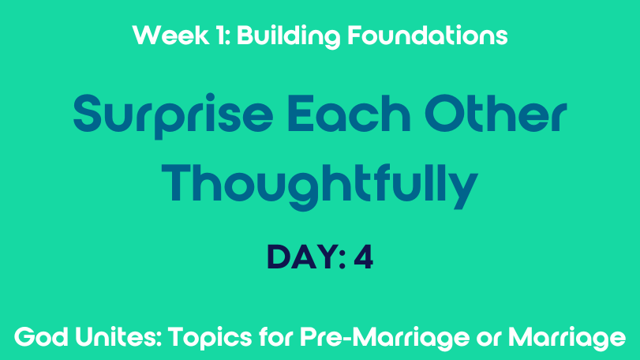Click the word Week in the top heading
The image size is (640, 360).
coord(170,35)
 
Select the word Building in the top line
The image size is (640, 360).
coord(288,37)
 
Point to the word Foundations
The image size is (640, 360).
coord(428,35)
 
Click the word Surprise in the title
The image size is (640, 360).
coord(173,116)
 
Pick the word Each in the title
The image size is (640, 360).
coord(349,113)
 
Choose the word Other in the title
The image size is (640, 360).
coord(496,113)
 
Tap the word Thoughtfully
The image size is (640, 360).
coord(320,186)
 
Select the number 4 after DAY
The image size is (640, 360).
coord(364,257)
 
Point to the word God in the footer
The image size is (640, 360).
coord(41,338)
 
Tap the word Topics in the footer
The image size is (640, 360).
coord(211,339)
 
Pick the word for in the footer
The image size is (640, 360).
coord(276,337)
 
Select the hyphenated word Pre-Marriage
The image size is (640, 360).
coord(385,339)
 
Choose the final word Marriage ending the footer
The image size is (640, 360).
coord(567,339)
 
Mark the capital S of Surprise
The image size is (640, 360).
coord(87,113)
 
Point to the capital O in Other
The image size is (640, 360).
coord(444,113)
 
